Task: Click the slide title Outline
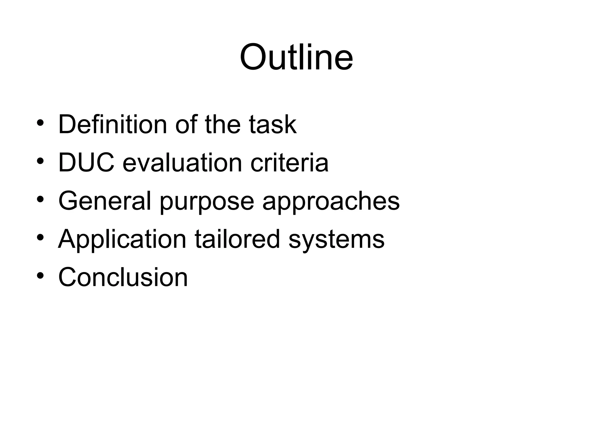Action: tap(296, 57)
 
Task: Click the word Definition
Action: tap(112, 125)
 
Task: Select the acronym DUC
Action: tap(86, 163)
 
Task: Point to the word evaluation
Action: tap(182, 163)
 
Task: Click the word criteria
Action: tap(289, 163)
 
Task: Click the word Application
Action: tap(122, 239)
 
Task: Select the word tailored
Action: tap(237, 239)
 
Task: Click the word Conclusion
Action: tap(123, 277)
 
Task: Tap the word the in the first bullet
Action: tap(223, 125)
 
